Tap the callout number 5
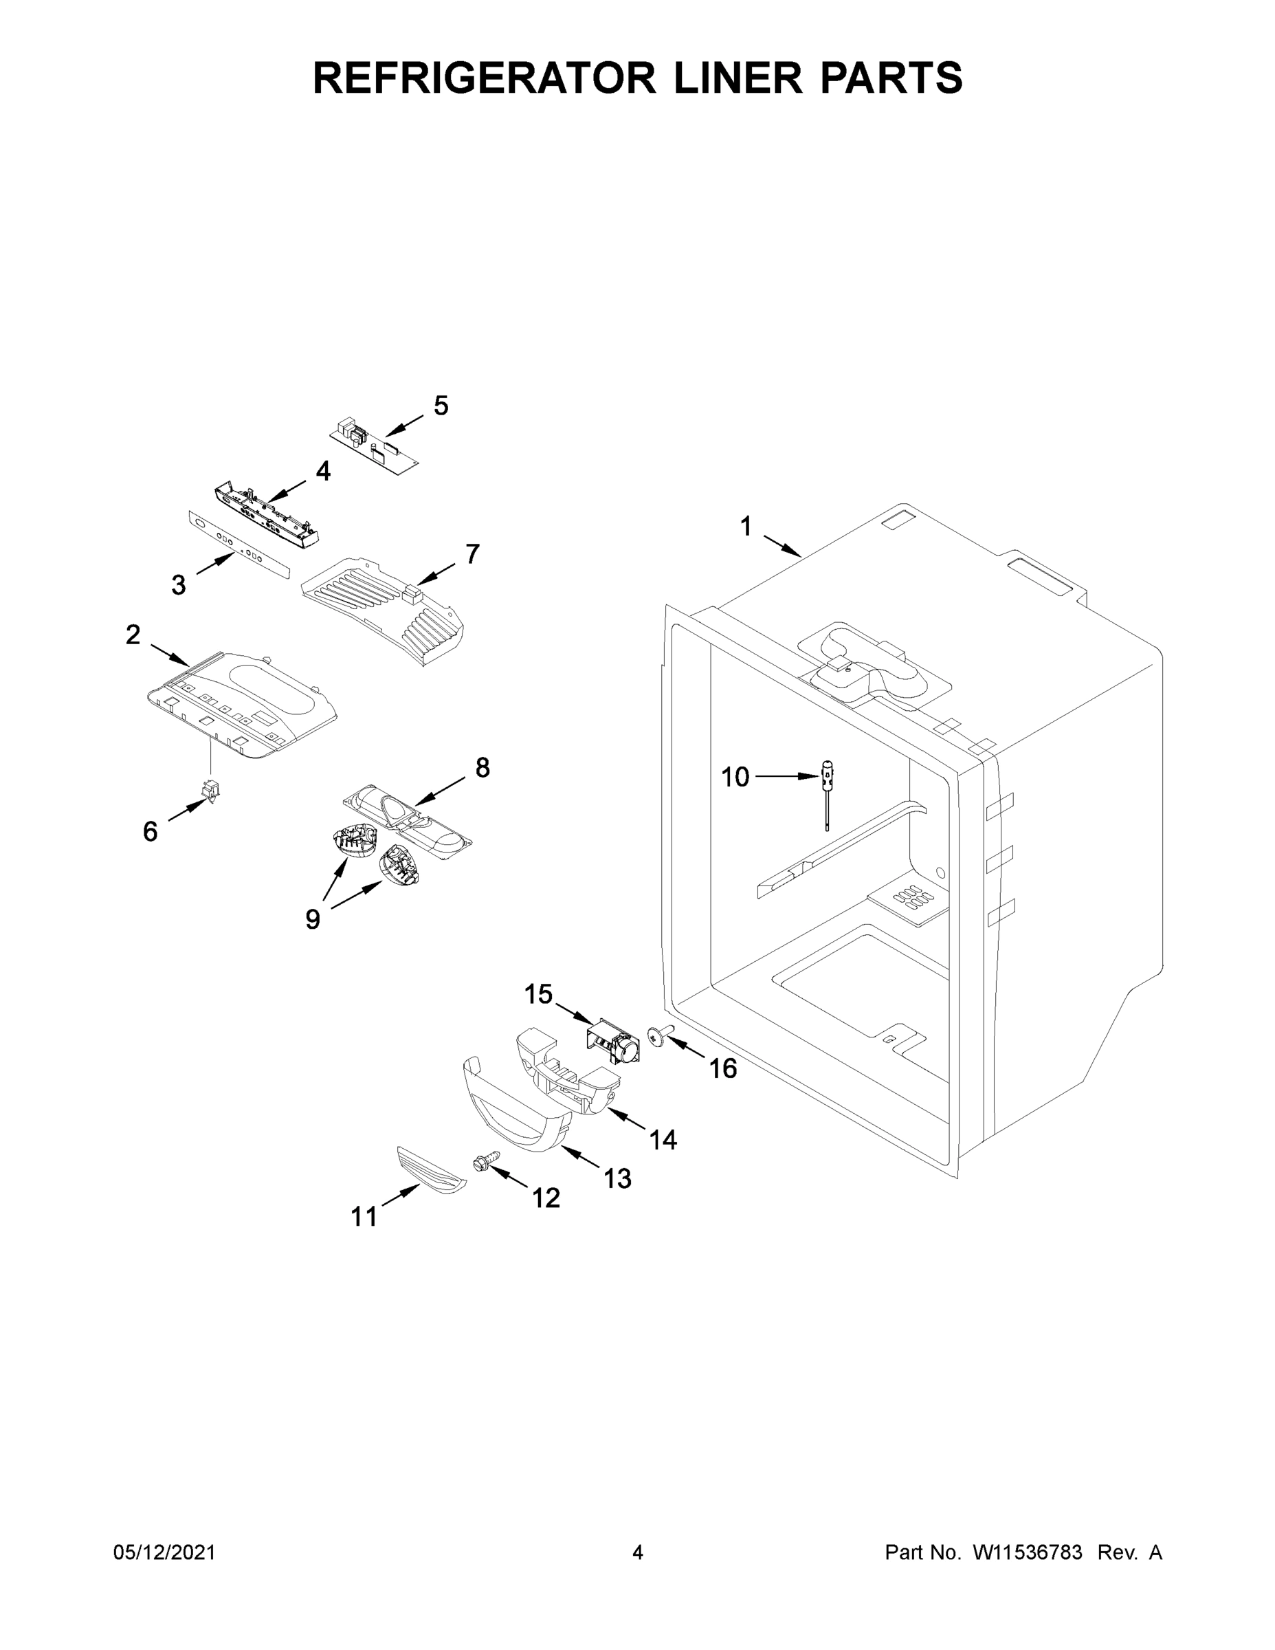[441, 406]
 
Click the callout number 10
[734, 777]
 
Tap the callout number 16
[723, 1068]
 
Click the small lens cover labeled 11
[430, 1170]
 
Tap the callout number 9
[313, 919]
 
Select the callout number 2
[133, 635]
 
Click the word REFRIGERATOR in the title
[484, 78]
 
